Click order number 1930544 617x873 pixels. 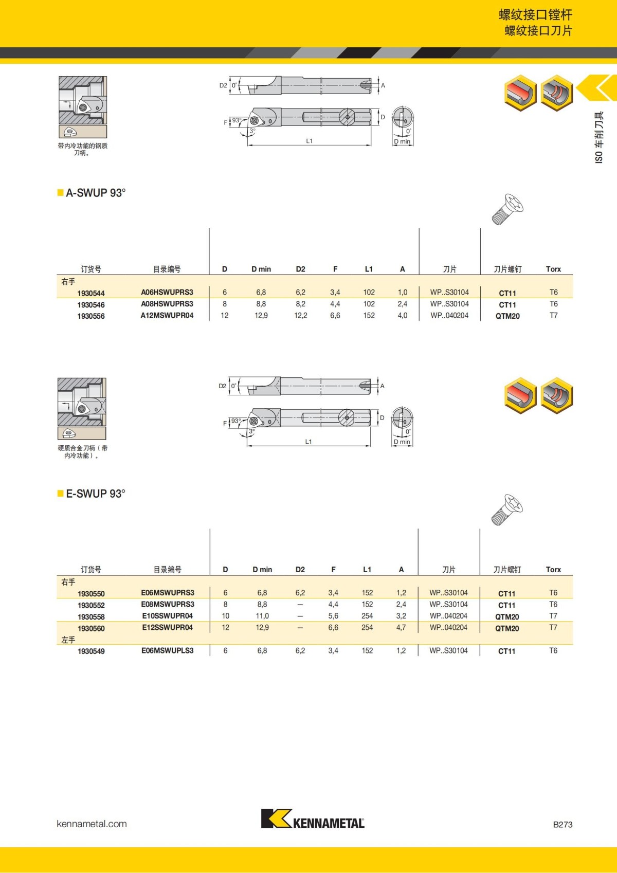pyautogui.click(x=91, y=293)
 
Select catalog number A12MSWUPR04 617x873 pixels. pyautogui.click(x=167, y=315)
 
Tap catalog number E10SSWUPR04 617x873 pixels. pyautogui.click(x=167, y=616)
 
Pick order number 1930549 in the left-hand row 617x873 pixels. pyautogui.click(x=91, y=651)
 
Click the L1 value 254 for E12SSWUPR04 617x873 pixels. pyautogui.click(x=367, y=627)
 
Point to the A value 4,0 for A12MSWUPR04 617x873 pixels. pyautogui.click(x=402, y=315)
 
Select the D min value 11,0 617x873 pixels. pyautogui.click(x=262, y=616)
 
